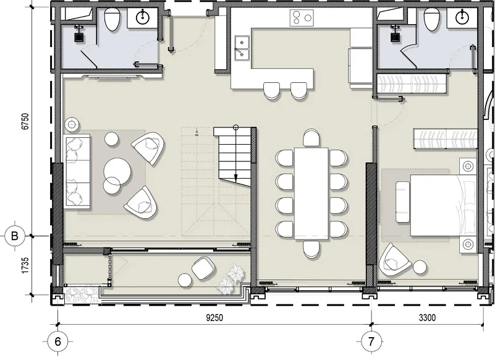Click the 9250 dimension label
coord(214,317)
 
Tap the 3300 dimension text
coord(428,317)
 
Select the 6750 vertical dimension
coord(25,121)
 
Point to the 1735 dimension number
coord(25,265)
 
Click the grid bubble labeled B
coord(14,236)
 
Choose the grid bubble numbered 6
coord(57,341)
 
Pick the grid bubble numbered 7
coord(371,341)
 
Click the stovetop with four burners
coord(302,18)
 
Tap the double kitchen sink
coord(242,48)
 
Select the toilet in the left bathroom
coord(112,19)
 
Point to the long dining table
coord(311,194)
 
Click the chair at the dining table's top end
coord(311,138)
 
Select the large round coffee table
coord(117,171)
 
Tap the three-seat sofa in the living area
coord(78,171)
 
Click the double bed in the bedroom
coord(444,205)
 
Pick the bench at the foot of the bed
coord(402,202)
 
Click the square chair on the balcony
coord(202,268)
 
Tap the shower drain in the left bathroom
coord(79,37)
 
